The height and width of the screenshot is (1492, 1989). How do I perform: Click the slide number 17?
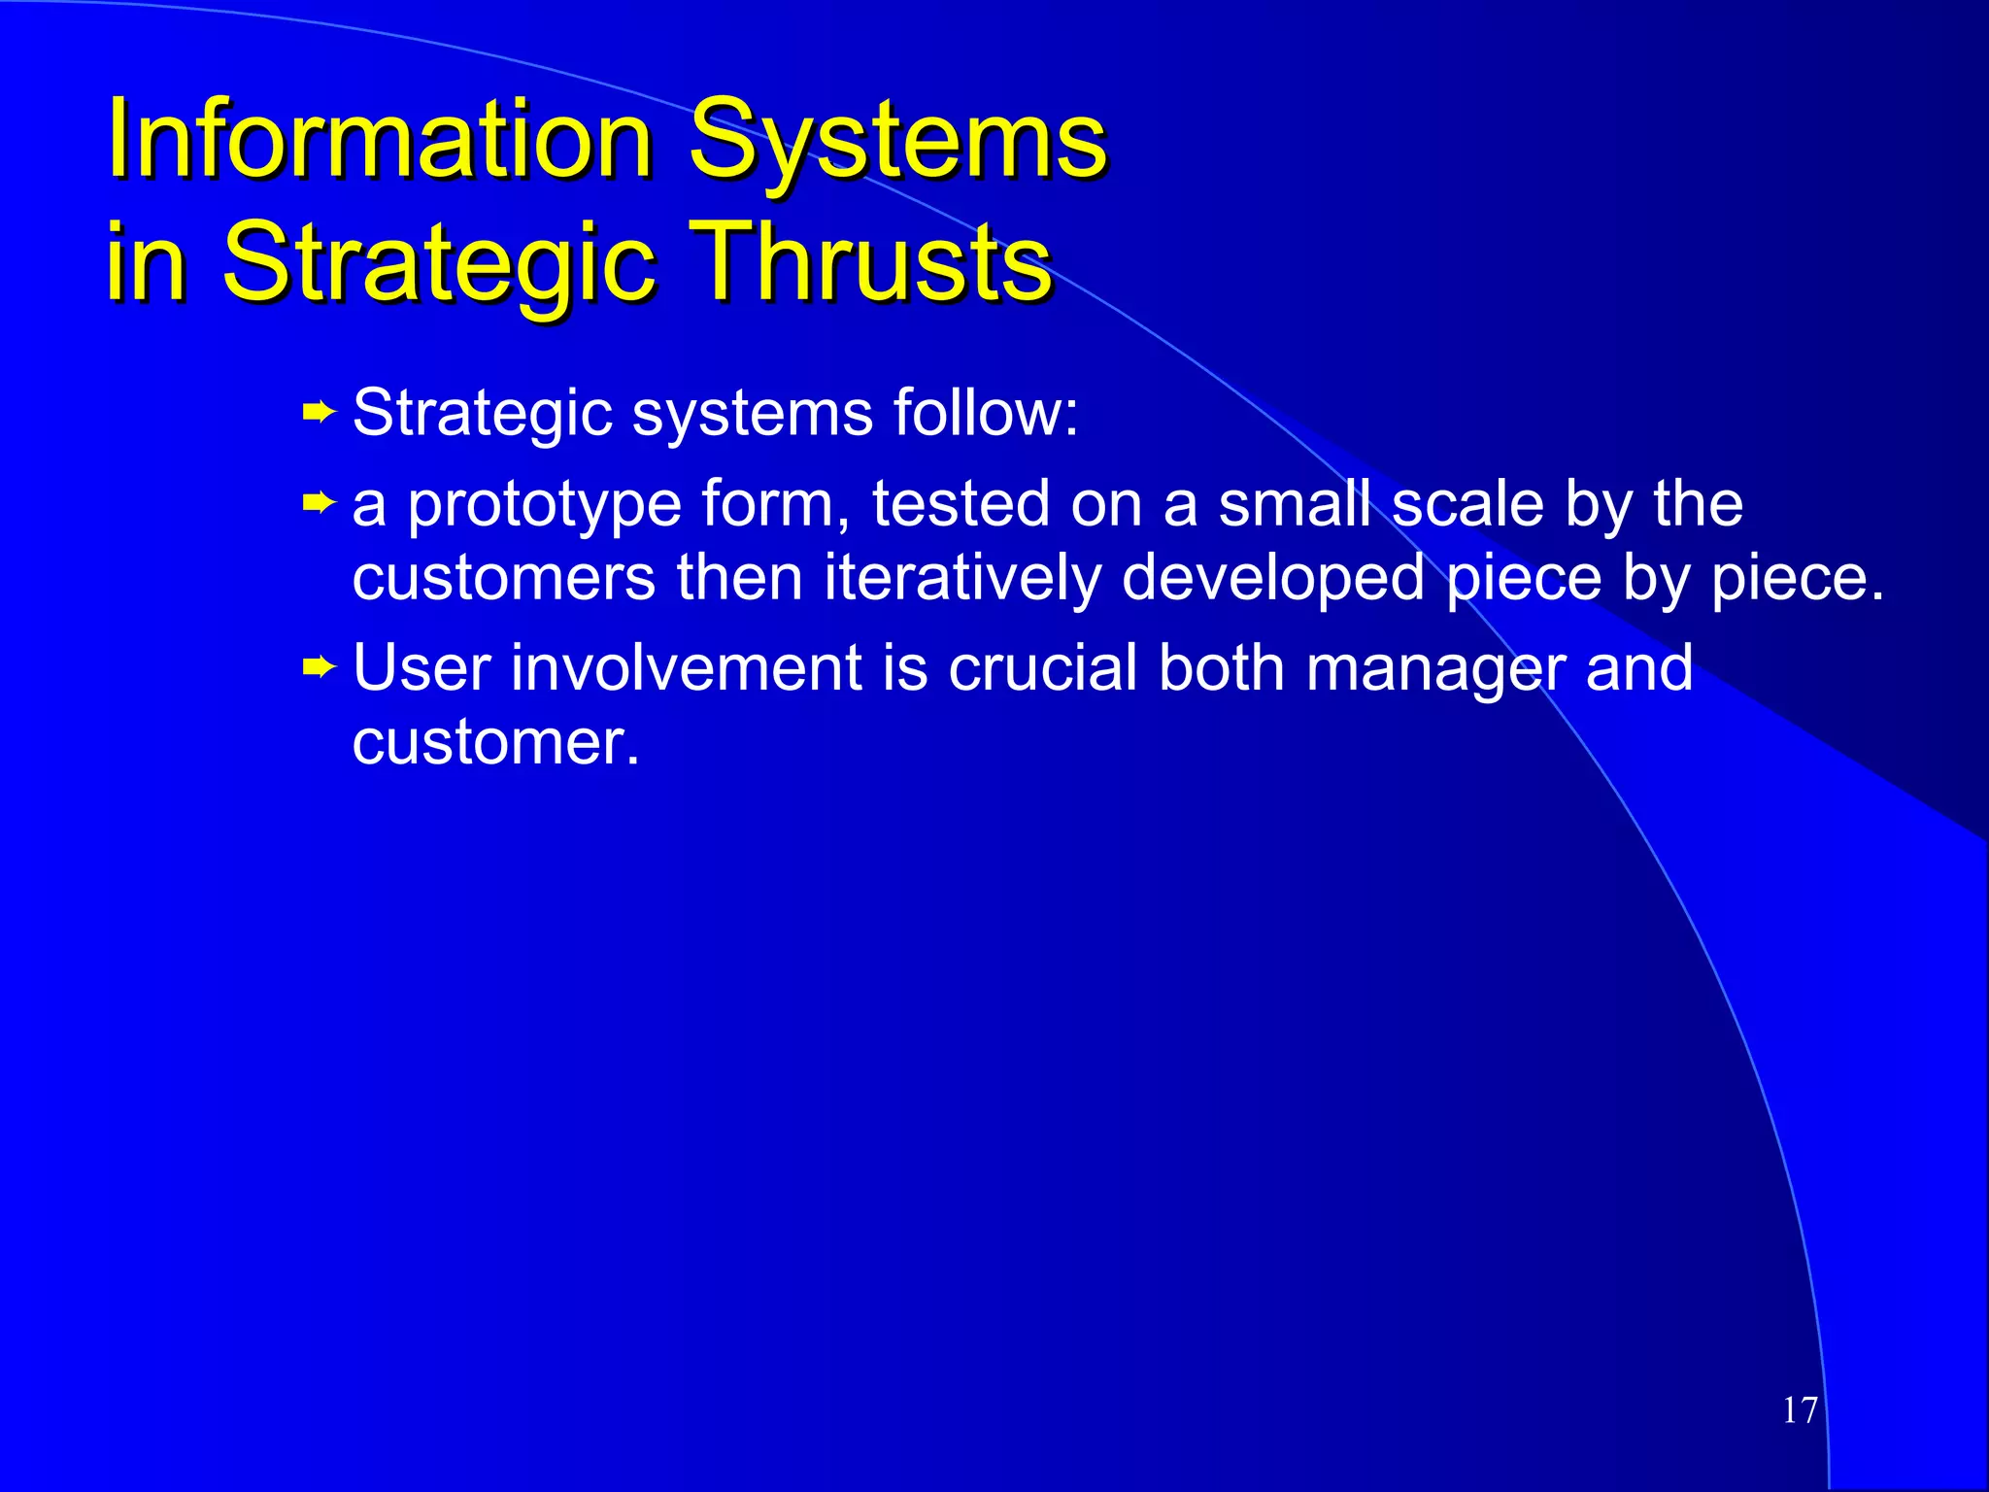[x=1800, y=1410]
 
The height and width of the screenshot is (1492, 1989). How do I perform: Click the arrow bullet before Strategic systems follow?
[x=319, y=414]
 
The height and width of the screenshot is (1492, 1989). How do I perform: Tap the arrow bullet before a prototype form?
[x=319, y=503]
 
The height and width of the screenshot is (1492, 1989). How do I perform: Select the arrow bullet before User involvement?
[x=319, y=667]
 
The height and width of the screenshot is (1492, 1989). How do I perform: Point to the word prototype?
[x=544, y=505]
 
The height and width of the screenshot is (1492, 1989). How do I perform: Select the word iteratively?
[x=961, y=578]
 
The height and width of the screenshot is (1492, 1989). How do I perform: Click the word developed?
[x=1272, y=578]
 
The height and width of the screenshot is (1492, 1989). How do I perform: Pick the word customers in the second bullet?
[x=503, y=578]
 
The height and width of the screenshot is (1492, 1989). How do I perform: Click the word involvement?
[x=687, y=668]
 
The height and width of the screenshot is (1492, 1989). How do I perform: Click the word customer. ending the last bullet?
[x=495, y=743]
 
